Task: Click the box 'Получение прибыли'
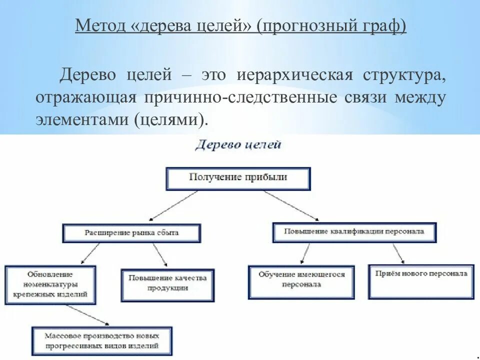238,178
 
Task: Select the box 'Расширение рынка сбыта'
131,233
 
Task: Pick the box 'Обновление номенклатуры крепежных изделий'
50,285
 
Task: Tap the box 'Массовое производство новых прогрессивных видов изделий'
101,341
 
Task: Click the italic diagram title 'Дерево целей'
238,145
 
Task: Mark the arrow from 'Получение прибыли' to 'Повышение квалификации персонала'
291,205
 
